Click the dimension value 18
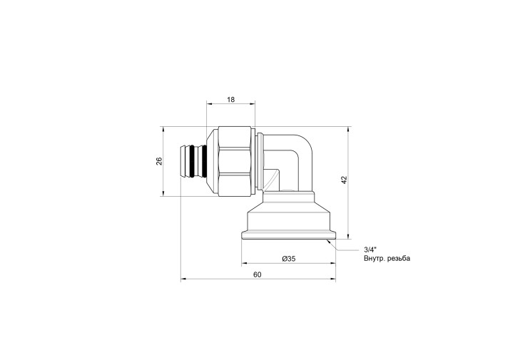(x=231, y=100)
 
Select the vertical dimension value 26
(x=159, y=161)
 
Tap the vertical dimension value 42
(x=344, y=180)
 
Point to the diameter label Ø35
(x=289, y=259)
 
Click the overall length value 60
(x=258, y=275)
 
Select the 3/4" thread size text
(x=370, y=250)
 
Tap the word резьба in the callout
(x=399, y=259)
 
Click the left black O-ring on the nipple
(x=193, y=161)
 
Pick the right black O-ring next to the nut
(x=204, y=161)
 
